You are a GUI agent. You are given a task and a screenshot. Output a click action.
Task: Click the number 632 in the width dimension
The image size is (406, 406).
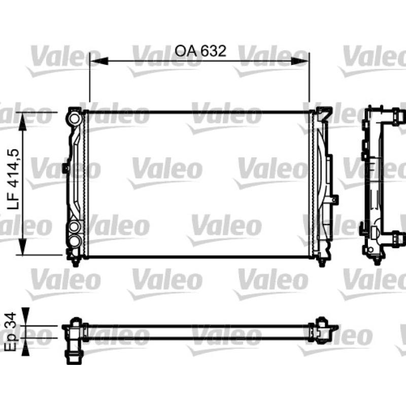point(214,51)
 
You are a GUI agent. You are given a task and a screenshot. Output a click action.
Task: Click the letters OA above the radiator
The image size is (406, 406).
point(185,51)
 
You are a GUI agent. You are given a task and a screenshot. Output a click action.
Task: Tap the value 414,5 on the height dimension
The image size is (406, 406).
point(13,168)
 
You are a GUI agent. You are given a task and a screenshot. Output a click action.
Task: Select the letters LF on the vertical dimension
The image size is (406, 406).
point(14,200)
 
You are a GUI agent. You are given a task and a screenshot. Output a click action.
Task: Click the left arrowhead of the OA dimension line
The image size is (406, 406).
point(98,61)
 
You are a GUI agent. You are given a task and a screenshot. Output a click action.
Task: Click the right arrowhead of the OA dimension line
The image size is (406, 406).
point(300,61)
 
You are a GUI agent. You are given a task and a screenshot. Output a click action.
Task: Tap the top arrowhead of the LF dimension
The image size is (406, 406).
point(23,122)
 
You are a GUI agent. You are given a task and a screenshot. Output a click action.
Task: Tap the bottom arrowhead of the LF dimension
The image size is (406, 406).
point(23,246)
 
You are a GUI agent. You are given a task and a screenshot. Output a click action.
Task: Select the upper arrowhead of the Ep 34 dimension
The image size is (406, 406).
point(25,316)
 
